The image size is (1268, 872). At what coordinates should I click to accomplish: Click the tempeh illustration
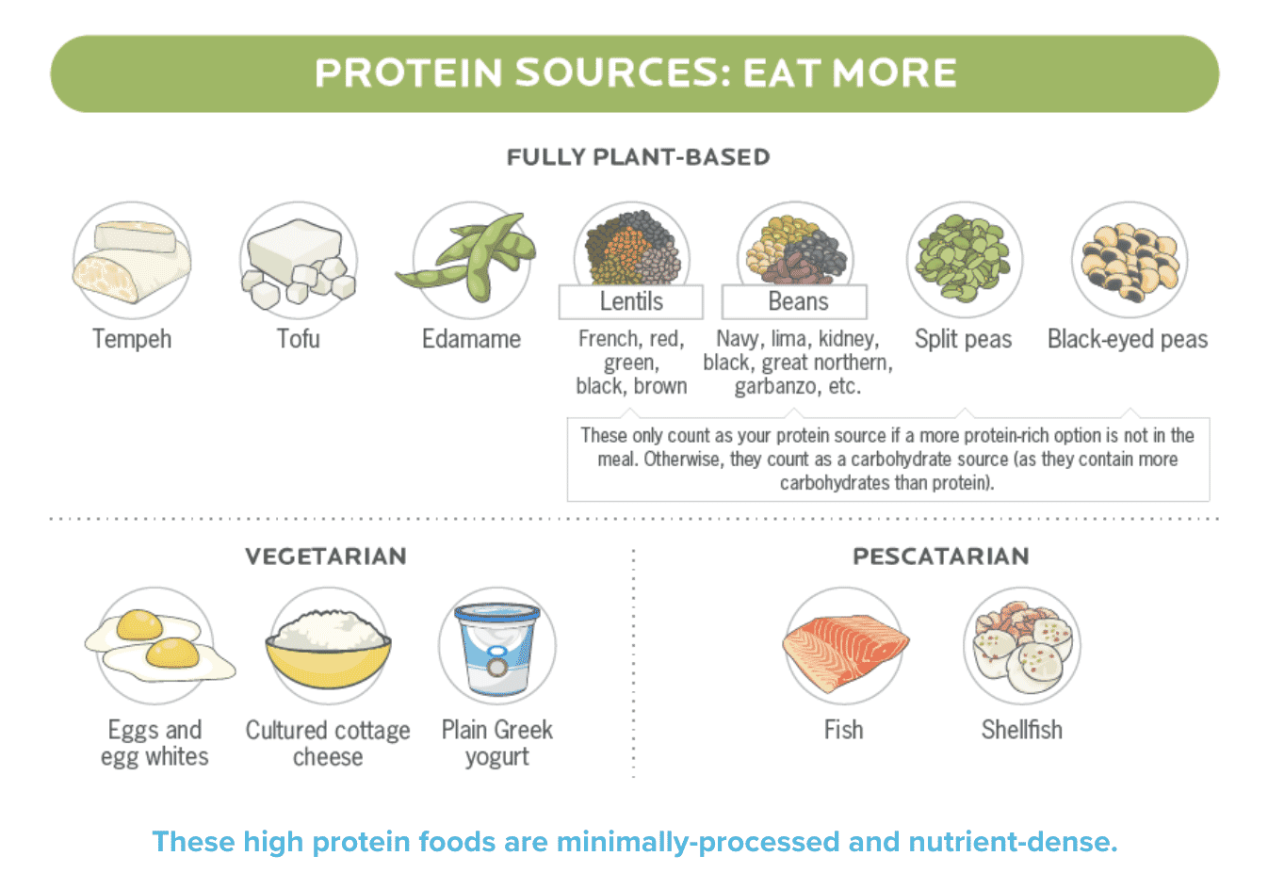(131, 261)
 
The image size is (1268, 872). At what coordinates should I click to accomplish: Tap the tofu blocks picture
(299, 263)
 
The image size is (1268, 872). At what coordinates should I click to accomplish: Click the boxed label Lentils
(631, 301)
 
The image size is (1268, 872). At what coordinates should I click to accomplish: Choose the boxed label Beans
(794, 301)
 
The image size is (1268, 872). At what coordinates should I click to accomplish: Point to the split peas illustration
(964, 257)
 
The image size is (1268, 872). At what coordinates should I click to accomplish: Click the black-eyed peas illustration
(1130, 261)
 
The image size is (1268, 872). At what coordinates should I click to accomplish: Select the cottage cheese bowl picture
(329, 649)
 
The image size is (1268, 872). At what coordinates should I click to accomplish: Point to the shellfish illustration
(1022, 647)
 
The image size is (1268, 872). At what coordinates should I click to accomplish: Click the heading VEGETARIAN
(326, 557)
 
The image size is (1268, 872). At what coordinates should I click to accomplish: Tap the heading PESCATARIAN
(941, 557)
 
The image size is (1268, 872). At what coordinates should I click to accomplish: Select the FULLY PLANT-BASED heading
(638, 156)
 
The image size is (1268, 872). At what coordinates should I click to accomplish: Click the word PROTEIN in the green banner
(408, 73)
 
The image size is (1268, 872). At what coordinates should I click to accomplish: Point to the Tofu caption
(299, 338)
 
